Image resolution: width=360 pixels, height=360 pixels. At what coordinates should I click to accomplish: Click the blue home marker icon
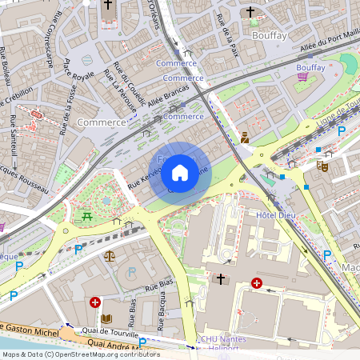pyautogui.click(x=180, y=173)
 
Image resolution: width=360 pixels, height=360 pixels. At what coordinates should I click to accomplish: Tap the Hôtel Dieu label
pyautogui.click(x=277, y=216)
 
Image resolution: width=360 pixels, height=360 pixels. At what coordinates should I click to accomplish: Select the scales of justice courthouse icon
pyautogui.click(x=109, y=257)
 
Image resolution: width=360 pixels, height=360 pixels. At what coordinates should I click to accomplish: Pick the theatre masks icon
pyautogui.click(x=322, y=166)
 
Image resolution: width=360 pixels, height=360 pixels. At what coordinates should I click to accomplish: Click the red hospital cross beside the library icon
pyautogui.click(x=95, y=302)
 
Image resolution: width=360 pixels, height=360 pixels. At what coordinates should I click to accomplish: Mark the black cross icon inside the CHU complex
pyautogui.click(x=221, y=278)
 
